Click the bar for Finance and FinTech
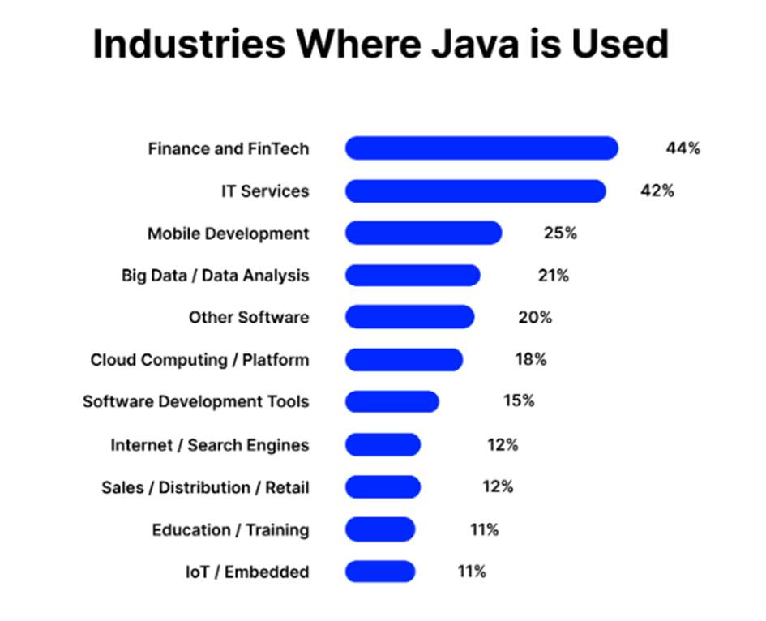[x=481, y=148]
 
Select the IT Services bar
[x=475, y=191]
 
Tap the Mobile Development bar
[x=423, y=233]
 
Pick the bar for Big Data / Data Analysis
[x=413, y=276]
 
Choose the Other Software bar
[x=409, y=317]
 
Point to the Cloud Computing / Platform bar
[x=404, y=359]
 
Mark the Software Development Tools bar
[x=392, y=401]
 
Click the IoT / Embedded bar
[x=379, y=572]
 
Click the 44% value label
[x=683, y=148]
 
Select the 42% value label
[x=657, y=191]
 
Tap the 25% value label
[x=559, y=233]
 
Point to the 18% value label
[x=530, y=359]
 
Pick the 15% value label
[x=517, y=401]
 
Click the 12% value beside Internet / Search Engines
[x=502, y=444]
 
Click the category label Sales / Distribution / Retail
[x=205, y=487]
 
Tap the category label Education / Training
[x=230, y=530]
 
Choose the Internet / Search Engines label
[x=209, y=444]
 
